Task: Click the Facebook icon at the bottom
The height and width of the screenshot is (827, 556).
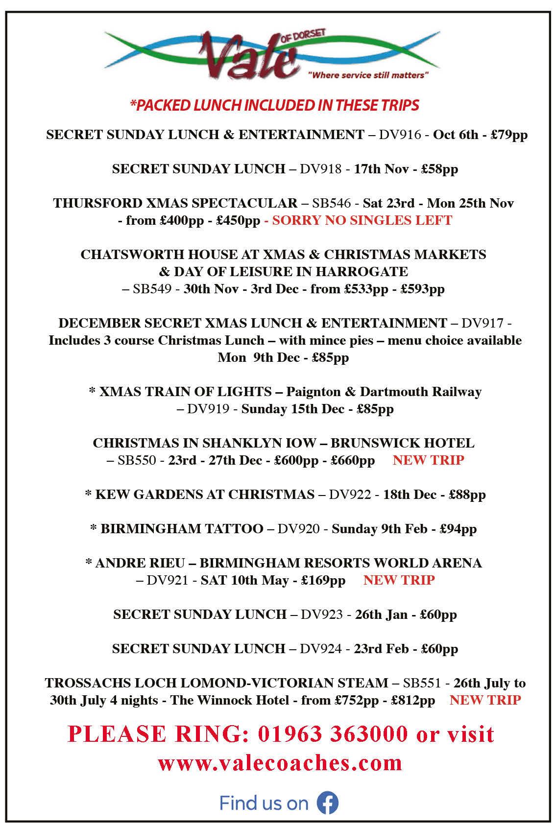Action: [x=327, y=803]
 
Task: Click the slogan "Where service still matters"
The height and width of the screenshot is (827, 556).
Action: [x=368, y=76]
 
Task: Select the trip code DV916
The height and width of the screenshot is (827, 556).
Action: [x=400, y=135]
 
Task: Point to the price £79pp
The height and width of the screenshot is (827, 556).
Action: [x=509, y=135]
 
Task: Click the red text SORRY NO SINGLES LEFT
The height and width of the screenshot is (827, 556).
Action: [x=362, y=220]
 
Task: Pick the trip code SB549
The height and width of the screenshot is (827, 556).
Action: [x=152, y=289]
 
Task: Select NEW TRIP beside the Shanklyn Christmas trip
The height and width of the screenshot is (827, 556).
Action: [x=428, y=460]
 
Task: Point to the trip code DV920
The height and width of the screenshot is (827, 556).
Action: [x=298, y=529]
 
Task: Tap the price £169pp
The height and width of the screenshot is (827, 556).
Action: [x=323, y=580]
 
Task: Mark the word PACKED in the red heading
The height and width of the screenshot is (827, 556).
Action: [x=158, y=105]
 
